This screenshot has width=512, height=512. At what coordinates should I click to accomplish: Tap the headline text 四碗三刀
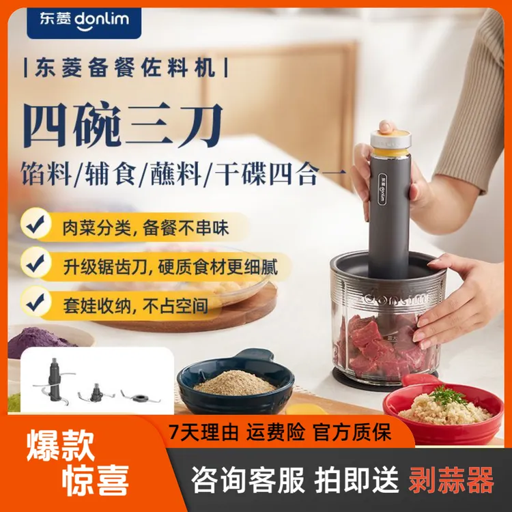pyautogui.click(x=123, y=126)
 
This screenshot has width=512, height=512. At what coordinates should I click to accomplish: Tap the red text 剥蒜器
pyautogui.click(x=451, y=481)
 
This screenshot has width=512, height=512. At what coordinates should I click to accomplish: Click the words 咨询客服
pyautogui.click(x=248, y=481)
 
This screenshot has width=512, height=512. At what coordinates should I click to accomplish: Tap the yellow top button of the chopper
pyautogui.click(x=390, y=131)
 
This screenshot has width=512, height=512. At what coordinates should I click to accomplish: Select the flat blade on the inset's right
pyautogui.click(x=135, y=395)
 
